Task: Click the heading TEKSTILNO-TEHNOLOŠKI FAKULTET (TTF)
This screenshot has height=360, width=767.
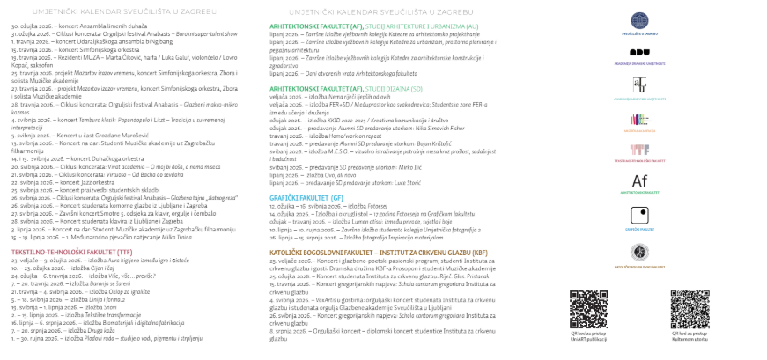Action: tap(59, 252)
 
